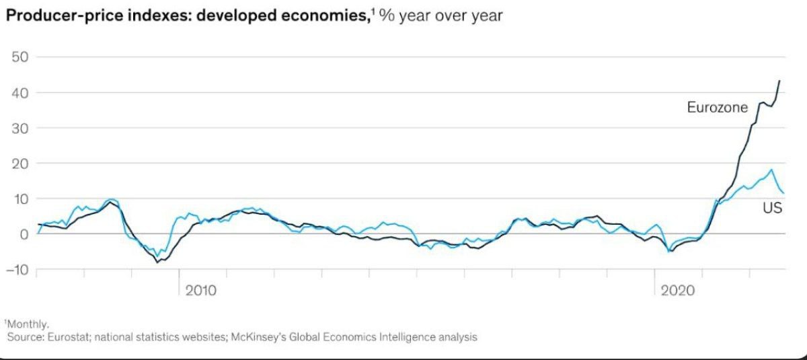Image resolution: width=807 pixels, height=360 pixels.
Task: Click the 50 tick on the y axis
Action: pos(18,57)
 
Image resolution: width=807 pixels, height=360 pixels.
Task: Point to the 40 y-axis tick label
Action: pos(18,92)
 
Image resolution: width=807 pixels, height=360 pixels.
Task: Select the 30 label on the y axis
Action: pos(18,128)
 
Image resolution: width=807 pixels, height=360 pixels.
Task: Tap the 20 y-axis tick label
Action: pos(18,163)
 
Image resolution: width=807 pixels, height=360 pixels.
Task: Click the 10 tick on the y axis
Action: pos(18,199)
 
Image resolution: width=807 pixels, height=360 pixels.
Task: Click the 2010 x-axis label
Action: pos(202,291)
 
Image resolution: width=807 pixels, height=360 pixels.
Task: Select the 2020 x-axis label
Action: pos(678,291)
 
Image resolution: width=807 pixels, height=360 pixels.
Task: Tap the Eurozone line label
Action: pos(717,107)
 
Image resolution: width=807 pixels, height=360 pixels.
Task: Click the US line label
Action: pos(771,209)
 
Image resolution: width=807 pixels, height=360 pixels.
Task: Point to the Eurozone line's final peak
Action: pos(779,81)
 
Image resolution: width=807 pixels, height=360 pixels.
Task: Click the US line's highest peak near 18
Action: pos(771,170)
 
